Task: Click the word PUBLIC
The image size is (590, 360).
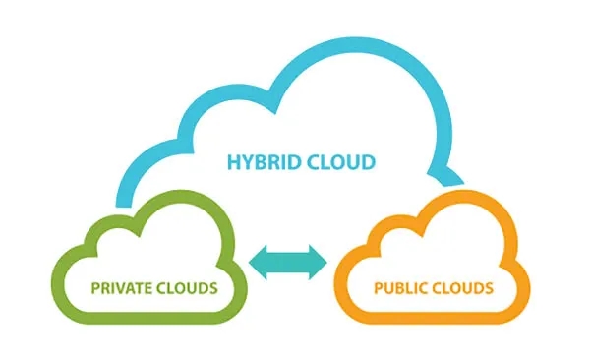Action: pos(399,289)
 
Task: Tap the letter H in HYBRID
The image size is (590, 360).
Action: pos(233,160)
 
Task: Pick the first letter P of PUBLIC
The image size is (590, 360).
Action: pos(378,289)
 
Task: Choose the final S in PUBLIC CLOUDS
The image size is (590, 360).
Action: pos(487,289)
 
